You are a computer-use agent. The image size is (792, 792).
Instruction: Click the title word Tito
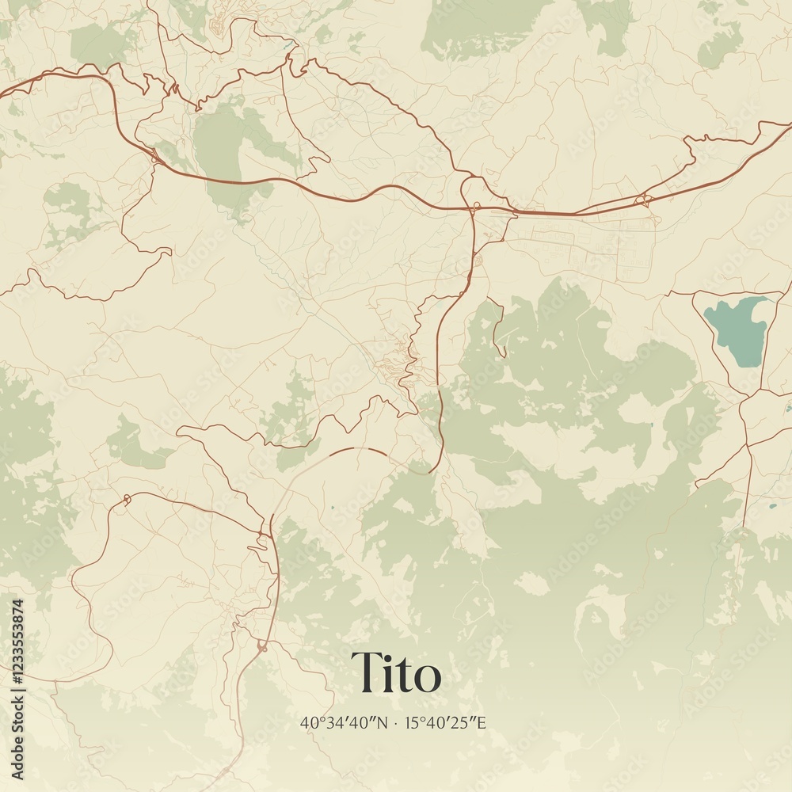pyautogui.click(x=396, y=673)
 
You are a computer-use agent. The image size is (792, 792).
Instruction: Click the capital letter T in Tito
pyautogui.click(x=365, y=673)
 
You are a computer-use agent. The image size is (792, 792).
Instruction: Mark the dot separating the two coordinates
pyautogui.click(x=396, y=722)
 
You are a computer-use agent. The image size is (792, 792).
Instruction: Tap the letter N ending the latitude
pyautogui.click(x=383, y=722)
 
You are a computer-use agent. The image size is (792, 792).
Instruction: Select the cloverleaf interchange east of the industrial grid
pyautogui.click(x=643, y=200)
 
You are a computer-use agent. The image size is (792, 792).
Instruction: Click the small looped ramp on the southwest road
pyautogui.click(x=124, y=500)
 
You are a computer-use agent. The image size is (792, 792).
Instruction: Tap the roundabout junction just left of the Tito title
pyautogui.click(x=262, y=646)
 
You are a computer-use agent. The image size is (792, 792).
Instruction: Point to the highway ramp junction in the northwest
pyautogui.click(x=154, y=158)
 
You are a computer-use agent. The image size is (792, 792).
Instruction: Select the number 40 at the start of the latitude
pyautogui.click(x=307, y=722)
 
